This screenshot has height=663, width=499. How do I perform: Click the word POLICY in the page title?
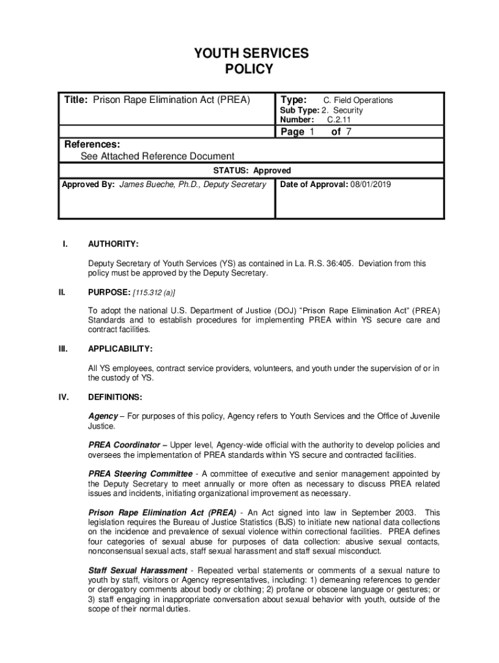(249, 69)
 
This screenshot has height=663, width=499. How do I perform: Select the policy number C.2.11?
(340, 120)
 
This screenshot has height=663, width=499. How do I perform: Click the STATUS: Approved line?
(252, 171)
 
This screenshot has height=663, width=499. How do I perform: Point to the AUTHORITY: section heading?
(113, 244)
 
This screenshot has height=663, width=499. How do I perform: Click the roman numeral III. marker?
(64, 349)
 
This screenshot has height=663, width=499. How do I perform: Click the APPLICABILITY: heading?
(121, 349)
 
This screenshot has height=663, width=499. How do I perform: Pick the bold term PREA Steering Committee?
(140, 474)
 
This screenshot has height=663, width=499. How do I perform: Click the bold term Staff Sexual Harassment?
(137, 570)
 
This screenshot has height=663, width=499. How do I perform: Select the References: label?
(91, 144)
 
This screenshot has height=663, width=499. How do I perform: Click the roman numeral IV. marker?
(64, 397)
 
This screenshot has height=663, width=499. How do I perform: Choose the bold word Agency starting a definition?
(103, 416)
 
